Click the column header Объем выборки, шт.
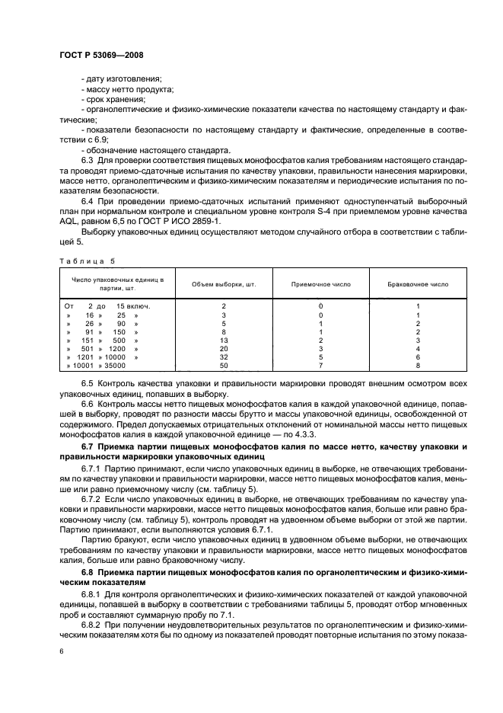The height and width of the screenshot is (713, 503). [x=224, y=284]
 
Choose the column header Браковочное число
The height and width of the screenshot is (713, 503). [x=418, y=284]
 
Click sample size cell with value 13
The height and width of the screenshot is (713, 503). [x=224, y=340]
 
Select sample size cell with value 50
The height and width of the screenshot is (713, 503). [x=224, y=366]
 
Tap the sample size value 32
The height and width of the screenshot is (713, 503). [x=224, y=357]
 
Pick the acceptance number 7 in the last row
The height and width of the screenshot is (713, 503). [x=320, y=366]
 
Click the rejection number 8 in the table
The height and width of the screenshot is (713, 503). [x=418, y=366]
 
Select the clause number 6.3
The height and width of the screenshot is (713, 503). [x=88, y=161]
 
